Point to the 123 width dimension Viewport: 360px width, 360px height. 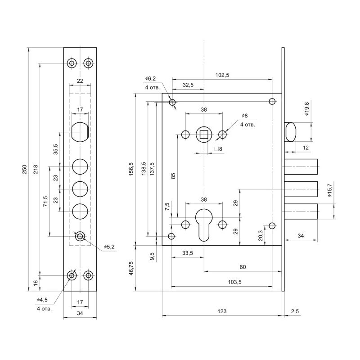click(221, 311)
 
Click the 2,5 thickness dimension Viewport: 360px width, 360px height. click(295, 311)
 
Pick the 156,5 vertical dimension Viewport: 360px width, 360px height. click(131, 169)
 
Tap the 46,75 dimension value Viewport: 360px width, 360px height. click(131, 270)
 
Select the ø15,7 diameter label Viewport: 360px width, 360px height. click(330, 190)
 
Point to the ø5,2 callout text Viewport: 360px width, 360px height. click(110, 247)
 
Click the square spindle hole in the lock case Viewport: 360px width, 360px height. click(204, 134)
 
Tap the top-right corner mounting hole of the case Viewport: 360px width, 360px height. click(272, 101)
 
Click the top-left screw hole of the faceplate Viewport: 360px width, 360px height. click(72, 63)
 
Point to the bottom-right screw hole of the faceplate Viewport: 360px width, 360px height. click(89, 275)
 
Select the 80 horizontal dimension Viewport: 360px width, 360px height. click(243, 267)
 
